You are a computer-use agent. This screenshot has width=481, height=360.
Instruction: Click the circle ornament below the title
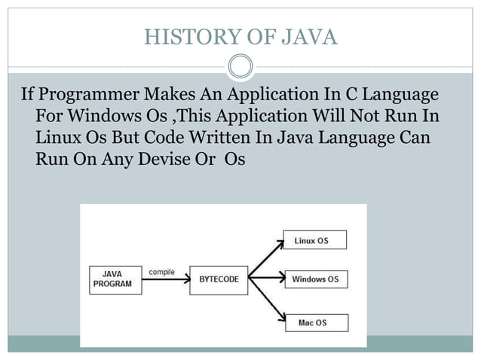[240, 66]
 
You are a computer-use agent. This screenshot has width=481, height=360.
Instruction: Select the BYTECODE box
[218, 279]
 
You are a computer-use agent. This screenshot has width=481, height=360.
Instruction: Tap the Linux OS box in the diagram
[315, 240]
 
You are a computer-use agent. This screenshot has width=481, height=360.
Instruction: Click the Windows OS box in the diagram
[315, 279]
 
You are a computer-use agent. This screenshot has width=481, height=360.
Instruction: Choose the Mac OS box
[315, 322]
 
